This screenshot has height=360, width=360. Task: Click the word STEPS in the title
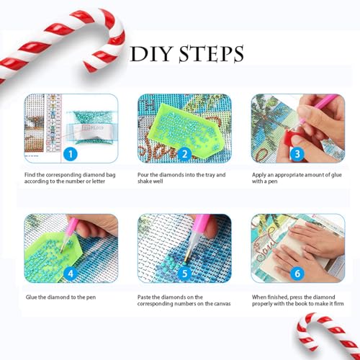coord(212,54)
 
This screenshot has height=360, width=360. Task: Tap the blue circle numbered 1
coord(71,154)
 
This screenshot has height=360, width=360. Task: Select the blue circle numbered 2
coord(184,154)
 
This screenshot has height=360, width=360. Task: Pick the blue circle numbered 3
coord(297,154)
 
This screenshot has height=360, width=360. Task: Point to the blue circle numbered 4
coord(71,274)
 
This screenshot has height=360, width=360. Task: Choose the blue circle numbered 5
coord(184,274)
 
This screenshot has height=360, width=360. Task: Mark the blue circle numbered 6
coord(297,274)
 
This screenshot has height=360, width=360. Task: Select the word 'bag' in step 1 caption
coord(111,175)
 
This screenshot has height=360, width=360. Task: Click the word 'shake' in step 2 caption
coord(144,181)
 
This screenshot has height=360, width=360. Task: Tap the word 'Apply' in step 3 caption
coord(258,175)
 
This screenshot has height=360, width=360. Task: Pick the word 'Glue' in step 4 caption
coord(31,297)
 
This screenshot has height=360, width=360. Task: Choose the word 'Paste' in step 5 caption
coord(144,297)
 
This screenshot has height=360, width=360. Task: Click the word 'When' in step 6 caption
coord(258,297)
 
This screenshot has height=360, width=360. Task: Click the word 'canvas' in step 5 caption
coord(222,304)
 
